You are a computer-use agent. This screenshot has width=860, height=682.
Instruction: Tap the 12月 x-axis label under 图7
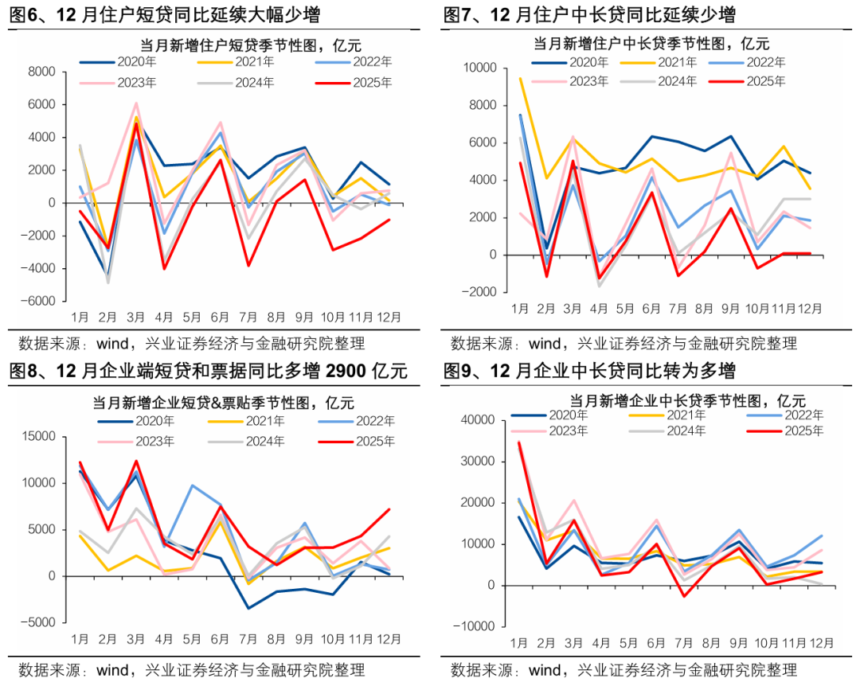click(810, 309)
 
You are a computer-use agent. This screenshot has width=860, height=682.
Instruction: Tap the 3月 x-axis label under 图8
click(136, 639)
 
